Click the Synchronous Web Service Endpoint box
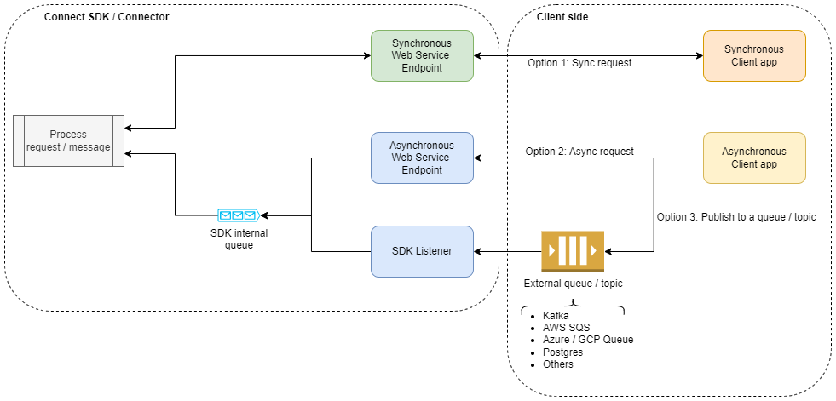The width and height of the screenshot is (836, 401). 422,55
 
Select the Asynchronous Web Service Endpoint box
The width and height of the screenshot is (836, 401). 422,158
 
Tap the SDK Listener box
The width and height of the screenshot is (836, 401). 422,251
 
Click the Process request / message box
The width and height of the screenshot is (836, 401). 68,140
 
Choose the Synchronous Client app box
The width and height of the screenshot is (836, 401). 754,55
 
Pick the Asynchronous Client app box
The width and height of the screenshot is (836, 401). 754,158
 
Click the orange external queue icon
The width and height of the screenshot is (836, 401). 573,251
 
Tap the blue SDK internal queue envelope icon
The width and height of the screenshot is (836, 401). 238,215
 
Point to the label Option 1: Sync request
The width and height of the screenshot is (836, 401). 579,63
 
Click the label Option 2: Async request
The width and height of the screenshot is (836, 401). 579,152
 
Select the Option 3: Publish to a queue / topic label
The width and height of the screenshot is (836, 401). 736,217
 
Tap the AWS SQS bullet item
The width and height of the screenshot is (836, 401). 566,328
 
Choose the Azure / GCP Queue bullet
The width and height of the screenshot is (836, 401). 588,340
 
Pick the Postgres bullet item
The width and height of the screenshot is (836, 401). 563,352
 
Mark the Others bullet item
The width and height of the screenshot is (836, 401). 558,364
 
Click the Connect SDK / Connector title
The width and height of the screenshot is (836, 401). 107,17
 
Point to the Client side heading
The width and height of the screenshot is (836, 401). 562,17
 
